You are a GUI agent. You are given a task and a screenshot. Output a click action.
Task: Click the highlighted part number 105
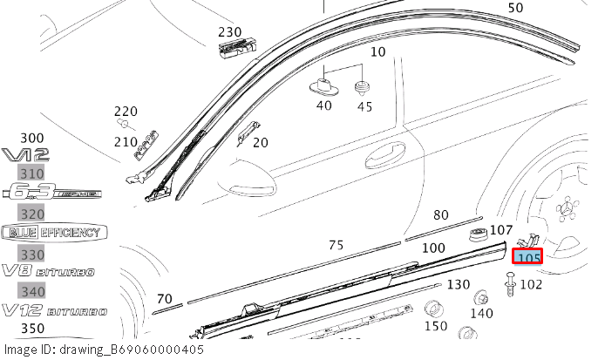point(528,257)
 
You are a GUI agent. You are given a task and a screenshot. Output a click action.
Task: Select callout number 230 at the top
point(230,31)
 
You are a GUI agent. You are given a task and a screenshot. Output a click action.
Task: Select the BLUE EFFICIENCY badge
point(53,233)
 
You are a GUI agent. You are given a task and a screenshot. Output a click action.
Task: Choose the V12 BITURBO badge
point(53,310)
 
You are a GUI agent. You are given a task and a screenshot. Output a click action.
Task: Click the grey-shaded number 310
point(32,174)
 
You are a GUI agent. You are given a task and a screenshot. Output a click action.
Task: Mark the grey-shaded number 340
point(32,291)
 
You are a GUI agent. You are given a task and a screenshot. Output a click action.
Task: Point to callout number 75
point(336,246)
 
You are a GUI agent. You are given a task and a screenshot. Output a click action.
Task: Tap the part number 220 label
point(126,111)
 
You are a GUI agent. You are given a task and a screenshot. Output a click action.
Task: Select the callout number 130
point(458,285)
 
